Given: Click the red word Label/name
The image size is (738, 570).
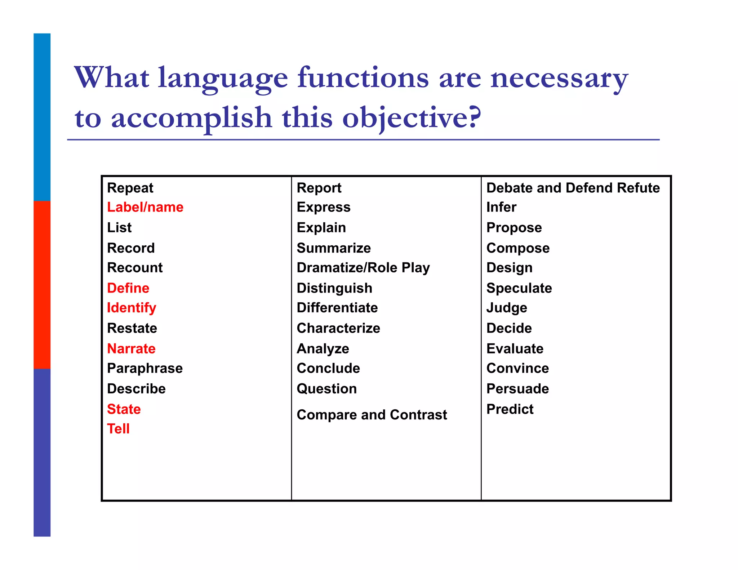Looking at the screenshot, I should tap(145, 207).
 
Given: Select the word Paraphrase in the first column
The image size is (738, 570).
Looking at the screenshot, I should tap(145, 368).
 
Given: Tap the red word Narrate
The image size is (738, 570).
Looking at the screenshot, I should tap(131, 348).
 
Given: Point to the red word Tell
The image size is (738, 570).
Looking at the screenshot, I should tap(118, 429).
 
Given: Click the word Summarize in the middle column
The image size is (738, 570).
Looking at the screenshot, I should tap(334, 248).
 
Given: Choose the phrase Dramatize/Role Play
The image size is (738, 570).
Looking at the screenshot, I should tap(363, 268).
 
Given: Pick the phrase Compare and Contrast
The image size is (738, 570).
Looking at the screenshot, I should tap(372, 415).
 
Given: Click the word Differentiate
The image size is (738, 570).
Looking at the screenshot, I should tap(337, 308).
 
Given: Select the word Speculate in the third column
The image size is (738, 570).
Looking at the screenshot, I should tap(519, 288).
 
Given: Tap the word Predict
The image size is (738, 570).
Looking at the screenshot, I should tap(510, 409).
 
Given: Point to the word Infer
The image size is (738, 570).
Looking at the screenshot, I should tap(501, 207).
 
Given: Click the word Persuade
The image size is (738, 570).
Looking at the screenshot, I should tap(517, 389).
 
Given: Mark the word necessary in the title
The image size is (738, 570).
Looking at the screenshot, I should tap(559, 79).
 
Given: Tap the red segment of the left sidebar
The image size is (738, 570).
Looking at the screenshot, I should tap(42, 285).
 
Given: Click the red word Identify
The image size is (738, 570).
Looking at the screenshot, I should tap(132, 308).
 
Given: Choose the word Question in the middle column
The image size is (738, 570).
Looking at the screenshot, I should tap(327, 389).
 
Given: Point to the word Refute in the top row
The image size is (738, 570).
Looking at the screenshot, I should tap(638, 188).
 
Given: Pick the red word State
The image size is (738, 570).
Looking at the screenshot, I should tap(124, 409).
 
